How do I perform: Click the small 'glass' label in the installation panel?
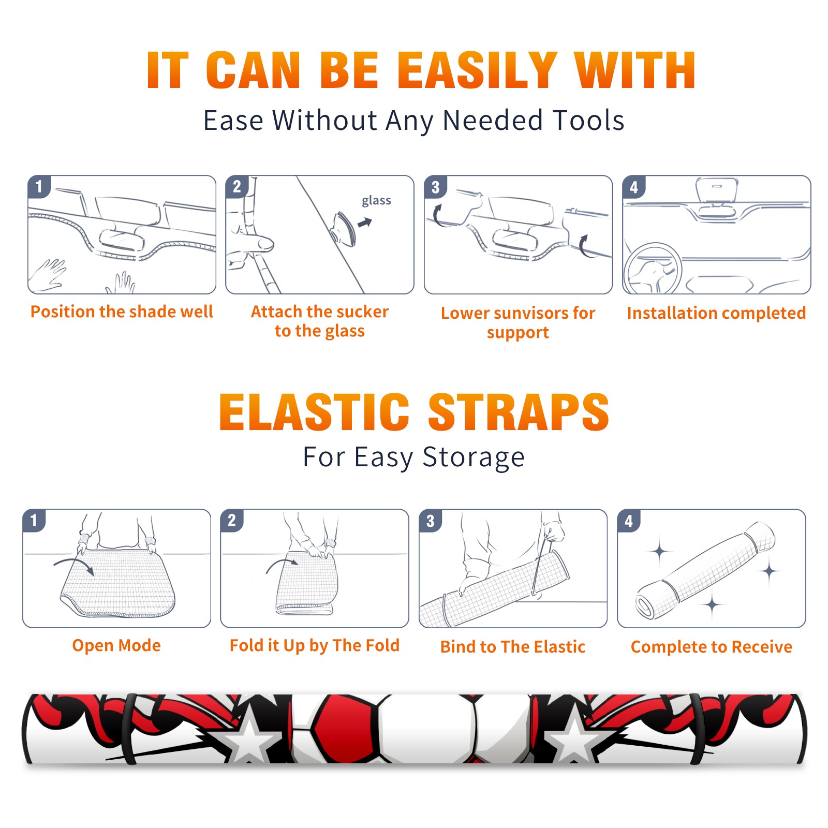376,201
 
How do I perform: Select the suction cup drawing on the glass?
345,228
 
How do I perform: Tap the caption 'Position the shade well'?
122,312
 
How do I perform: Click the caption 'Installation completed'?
716,313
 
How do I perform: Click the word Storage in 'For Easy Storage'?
474,457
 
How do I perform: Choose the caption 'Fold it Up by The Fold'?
315,645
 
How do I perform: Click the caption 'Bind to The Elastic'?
513,646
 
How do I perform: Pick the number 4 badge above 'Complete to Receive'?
629,521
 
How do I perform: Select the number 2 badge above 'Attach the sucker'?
237,187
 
